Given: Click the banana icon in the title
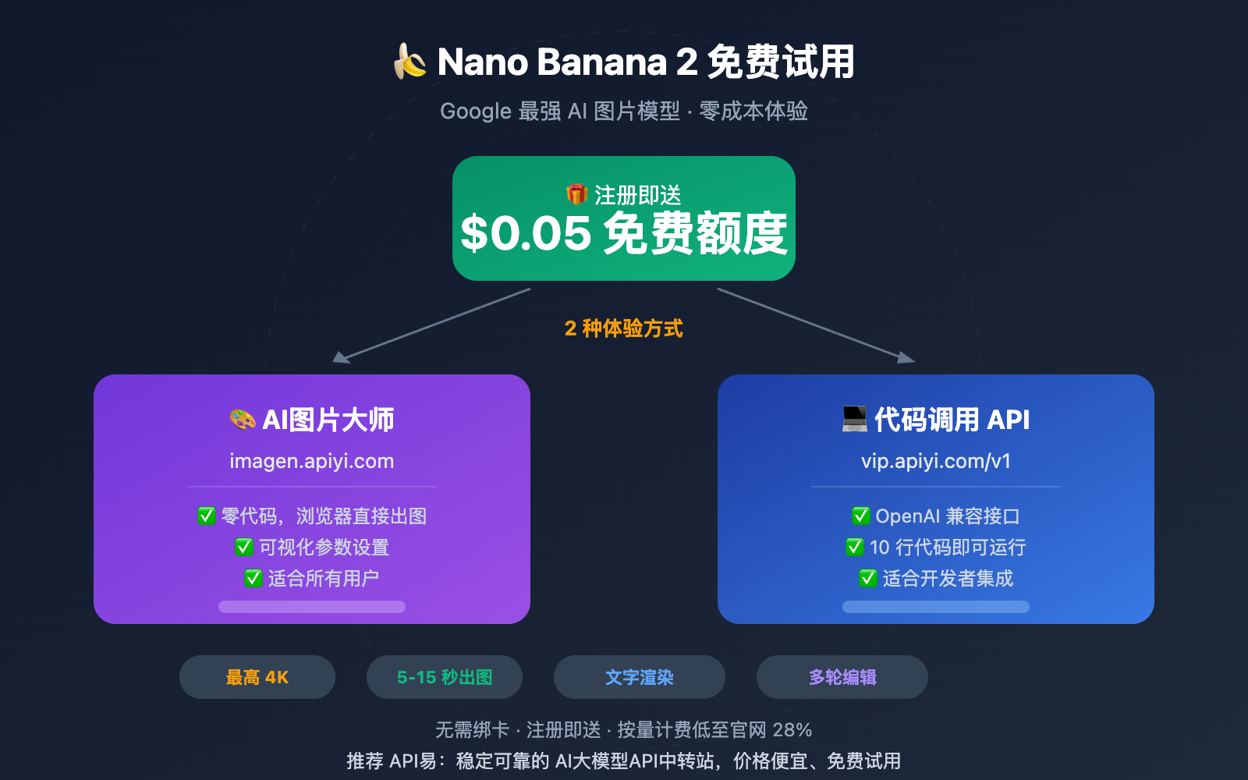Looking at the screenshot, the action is point(410,62).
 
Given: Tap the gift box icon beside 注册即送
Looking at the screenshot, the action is point(576,194).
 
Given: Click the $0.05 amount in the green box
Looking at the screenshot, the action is point(526,233).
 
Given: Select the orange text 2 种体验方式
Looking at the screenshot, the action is point(623,328).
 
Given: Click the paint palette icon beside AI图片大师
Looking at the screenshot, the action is point(243,420).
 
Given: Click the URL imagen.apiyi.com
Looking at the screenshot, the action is point(312,461).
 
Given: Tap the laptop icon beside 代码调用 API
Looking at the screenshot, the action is point(855,419).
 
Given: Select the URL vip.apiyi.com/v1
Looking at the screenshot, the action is point(936,461).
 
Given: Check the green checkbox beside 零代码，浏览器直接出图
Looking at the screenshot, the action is point(207,516).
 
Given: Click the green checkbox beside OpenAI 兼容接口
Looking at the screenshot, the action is point(861,516).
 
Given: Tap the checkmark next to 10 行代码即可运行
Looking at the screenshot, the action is point(855,547).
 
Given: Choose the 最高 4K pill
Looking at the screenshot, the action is point(257,677).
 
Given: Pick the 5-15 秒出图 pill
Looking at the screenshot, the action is point(445,677).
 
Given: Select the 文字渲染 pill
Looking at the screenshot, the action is point(640,677).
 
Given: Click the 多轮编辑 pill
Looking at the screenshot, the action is point(842,677).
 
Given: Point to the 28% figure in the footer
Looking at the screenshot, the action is point(792,730).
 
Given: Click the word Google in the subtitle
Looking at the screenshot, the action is point(476,111).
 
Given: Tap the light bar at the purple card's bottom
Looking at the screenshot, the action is point(312,607).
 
